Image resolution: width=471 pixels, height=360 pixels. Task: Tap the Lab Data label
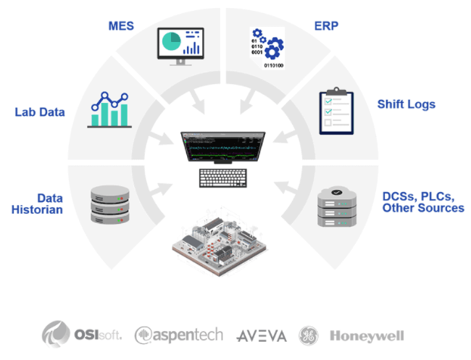39,112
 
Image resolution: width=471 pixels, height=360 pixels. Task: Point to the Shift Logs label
406,104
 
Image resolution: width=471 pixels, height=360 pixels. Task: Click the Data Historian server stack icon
110,206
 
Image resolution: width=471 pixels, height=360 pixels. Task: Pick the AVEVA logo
262,335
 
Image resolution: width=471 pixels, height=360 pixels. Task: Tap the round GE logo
309,335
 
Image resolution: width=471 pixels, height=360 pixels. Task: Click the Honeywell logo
367,335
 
